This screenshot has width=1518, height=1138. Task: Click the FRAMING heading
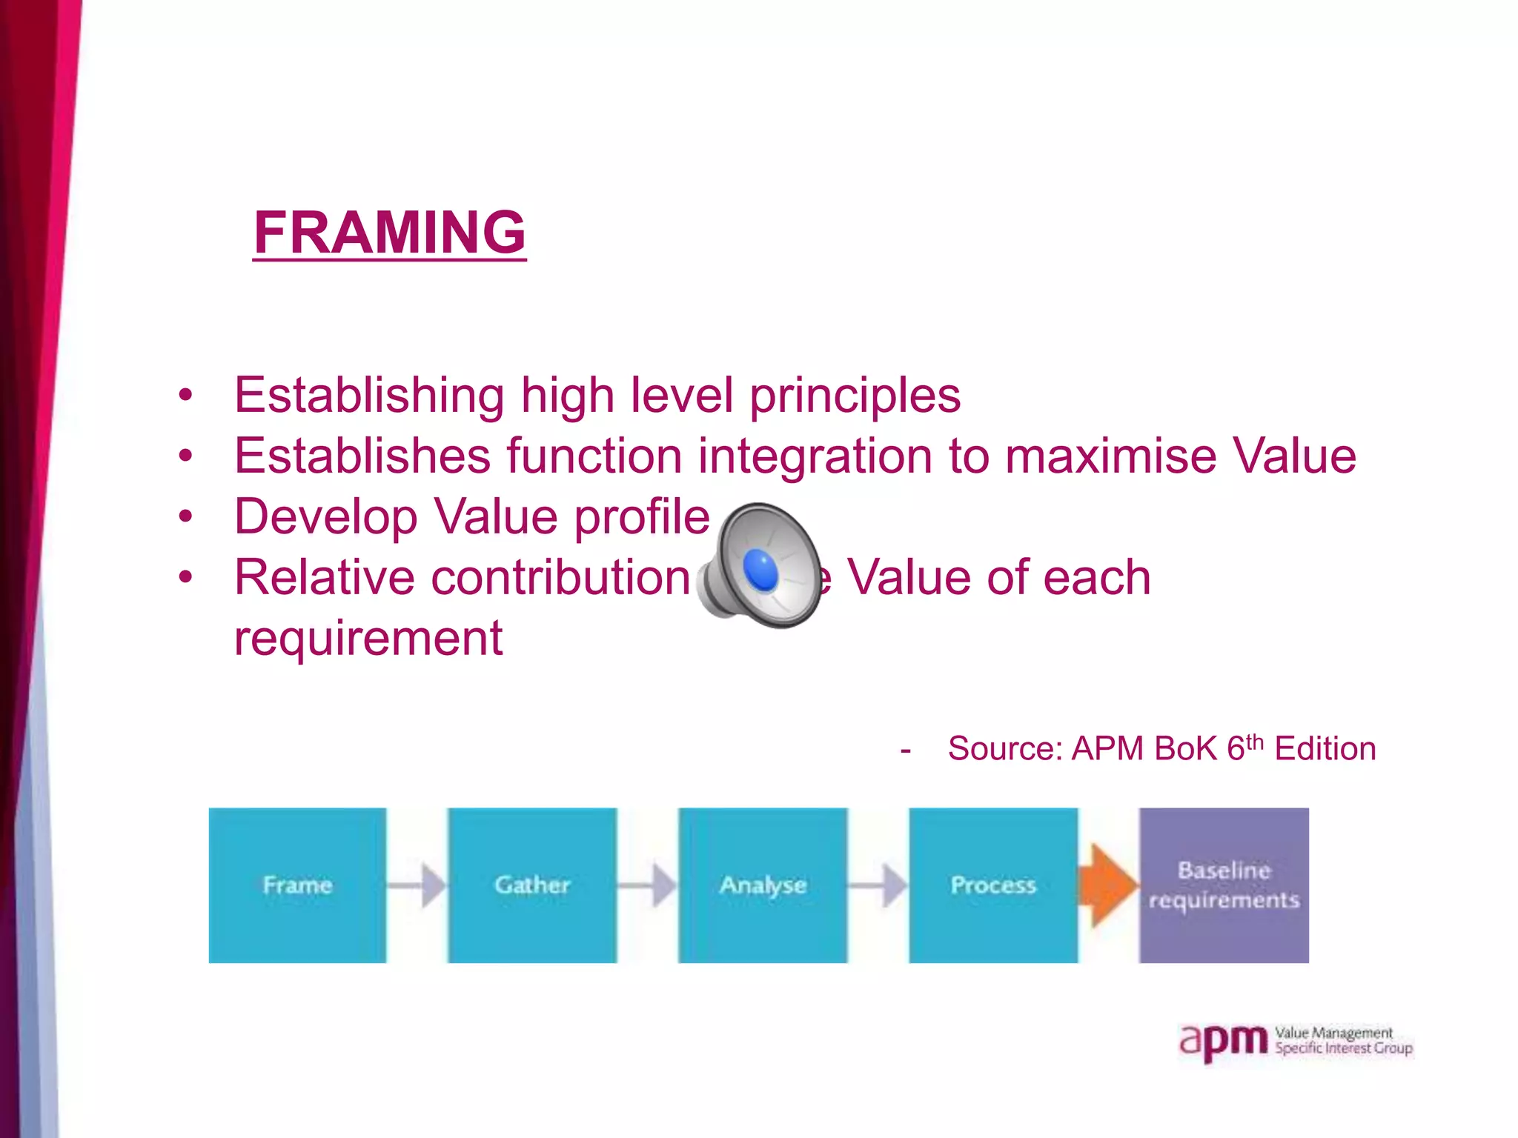pyautogui.click(x=389, y=232)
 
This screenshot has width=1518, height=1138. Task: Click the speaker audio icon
pyautogui.click(x=760, y=566)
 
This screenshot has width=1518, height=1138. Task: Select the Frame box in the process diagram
pyautogui.click(x=297, y=885)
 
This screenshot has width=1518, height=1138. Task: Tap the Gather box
pyautogui.click(x=532, y=885)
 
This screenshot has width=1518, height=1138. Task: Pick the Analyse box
pyautogui.click(x=763, y=885)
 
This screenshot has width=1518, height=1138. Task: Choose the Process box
pyautogui.click(x=993, y=885)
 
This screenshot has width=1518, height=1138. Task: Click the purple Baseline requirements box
pyautogui.click(x=1224, y=885)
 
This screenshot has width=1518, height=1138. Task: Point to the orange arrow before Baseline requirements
pyautogui.click(x=1108, y=885)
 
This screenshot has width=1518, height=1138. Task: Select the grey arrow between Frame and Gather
pyautogui.click(x=417, y=885)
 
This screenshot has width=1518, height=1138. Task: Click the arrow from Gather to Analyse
pyautogui.click(x=648, y=885)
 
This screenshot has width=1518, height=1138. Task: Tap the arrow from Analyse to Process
pyautogui.click(x=878, y=885)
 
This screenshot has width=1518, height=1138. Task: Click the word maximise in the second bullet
pyautogui.click(x=1110, y=456)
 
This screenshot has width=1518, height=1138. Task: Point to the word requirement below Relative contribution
pyautogui.click(x=368, y=639)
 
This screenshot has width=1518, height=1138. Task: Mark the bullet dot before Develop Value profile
pyautogui.click(x=185, y=516)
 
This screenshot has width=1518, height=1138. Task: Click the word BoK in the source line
pyautogui.click(x=1185, y=749)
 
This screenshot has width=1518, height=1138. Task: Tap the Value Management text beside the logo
pyautogui.click(x=1333, y=1033)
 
